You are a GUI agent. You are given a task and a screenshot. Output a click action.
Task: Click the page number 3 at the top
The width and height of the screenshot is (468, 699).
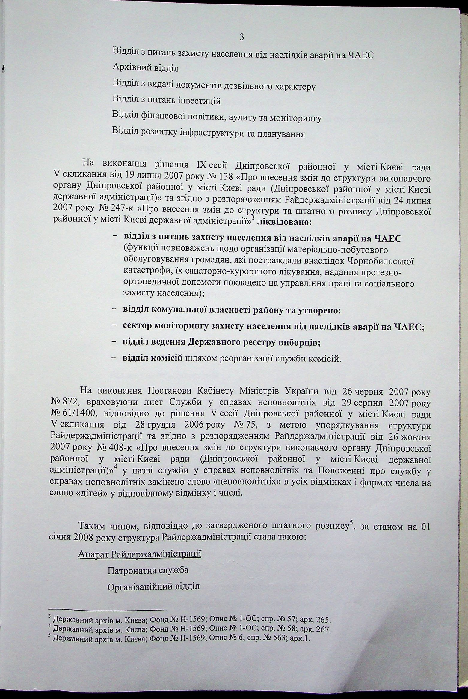[242, 37]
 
